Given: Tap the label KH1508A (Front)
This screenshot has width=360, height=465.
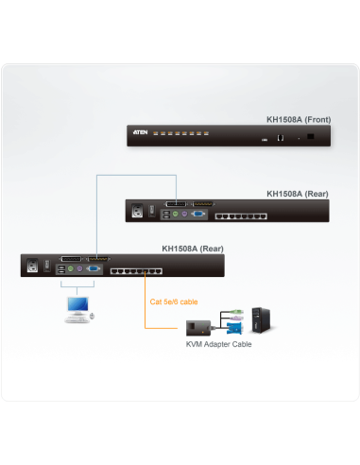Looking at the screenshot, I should [x=298, y=121].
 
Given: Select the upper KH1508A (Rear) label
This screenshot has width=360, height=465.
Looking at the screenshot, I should [x=298, y=194].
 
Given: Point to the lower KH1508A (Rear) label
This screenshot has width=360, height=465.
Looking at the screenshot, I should [x=194, y=250].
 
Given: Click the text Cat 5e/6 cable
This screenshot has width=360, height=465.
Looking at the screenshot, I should [x=175, y=302].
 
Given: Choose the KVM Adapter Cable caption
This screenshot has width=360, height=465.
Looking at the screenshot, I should [x=218, y=344].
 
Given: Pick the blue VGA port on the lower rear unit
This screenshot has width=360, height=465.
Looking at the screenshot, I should [x=96, y=270].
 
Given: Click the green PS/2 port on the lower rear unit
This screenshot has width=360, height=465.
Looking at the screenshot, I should [x=72, y=271].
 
